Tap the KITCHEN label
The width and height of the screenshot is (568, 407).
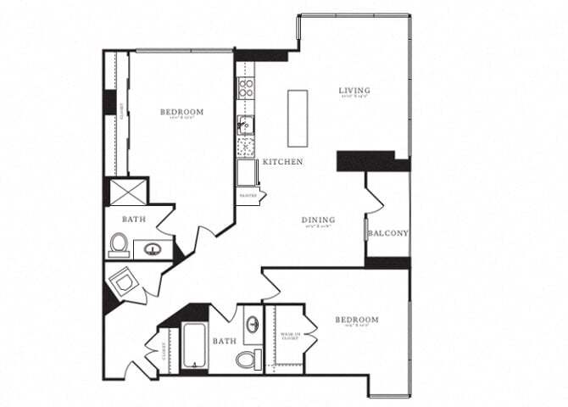(282, 161)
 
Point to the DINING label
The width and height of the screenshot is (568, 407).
(318, 220)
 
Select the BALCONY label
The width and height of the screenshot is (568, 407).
(389, 233)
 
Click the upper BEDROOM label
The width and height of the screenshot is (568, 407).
(181, 112)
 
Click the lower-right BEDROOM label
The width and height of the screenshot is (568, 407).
(356, 320)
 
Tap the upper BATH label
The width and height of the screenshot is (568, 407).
(134, 219)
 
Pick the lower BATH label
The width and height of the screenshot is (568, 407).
(225, 341)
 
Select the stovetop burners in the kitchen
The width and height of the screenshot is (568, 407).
(246, 86)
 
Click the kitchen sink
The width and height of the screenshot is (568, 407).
(246, 127)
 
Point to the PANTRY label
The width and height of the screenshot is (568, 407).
(248, 195)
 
